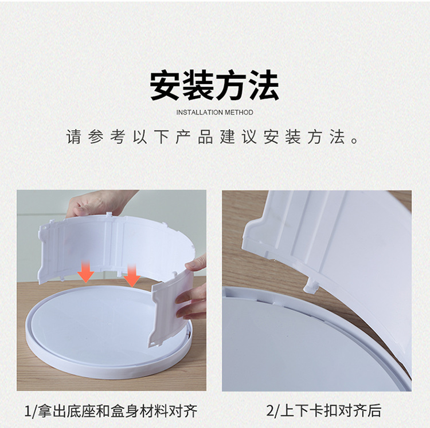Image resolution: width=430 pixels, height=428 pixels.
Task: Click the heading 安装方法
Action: (214, 86)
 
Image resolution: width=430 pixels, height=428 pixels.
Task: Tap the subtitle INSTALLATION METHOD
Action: (214, 113)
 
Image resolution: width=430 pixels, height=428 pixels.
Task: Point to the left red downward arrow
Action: (86, 272)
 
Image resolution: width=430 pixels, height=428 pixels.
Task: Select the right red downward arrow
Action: (132, 276)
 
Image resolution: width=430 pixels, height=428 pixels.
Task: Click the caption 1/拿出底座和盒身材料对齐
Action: (111, 410)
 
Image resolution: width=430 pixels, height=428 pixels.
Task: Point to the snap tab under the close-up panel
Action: (310, 284)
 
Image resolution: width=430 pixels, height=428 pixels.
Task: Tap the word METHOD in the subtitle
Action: (238, 113)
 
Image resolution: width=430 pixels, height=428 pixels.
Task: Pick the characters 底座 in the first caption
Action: (82, 410)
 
